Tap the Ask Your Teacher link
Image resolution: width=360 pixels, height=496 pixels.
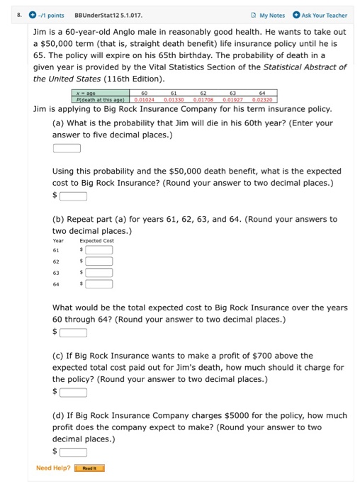(322, 15)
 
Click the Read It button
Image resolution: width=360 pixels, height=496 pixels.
(90, 468)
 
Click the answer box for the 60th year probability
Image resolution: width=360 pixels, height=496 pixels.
(67, 148)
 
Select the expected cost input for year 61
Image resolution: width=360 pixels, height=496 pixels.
(99, 249)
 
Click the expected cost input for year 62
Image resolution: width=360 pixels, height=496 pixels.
(99, 261)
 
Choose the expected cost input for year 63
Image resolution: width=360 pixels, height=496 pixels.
(99, 273)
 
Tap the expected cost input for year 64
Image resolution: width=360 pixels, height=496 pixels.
(99, 284)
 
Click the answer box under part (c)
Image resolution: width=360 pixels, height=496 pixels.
(73, 392)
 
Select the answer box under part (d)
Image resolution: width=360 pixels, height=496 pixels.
(73, 451)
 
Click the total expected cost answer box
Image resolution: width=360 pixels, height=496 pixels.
(73, 332)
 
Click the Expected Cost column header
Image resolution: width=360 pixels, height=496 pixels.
(97, 240)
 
